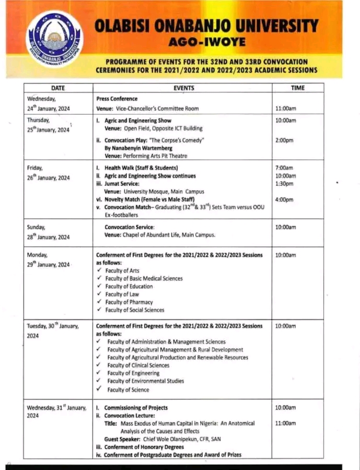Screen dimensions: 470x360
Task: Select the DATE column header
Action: tap(57, 88)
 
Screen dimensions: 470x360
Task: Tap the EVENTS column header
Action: tap(183, 88)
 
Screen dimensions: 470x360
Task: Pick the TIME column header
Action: tap(297, 88)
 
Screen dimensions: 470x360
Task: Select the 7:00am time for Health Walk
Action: tap(284, 168)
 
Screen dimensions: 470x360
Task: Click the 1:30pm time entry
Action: tap(284, 184)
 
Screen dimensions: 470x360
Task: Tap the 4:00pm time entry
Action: tap(284, 200)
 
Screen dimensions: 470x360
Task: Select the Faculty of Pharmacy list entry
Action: tap(129, 302)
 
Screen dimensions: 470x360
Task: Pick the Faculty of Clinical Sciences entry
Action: tap(138, 366)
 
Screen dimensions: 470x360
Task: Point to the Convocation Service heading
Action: tap(130, 227)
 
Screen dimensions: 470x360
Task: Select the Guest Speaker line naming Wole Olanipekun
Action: tap(162, 439)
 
